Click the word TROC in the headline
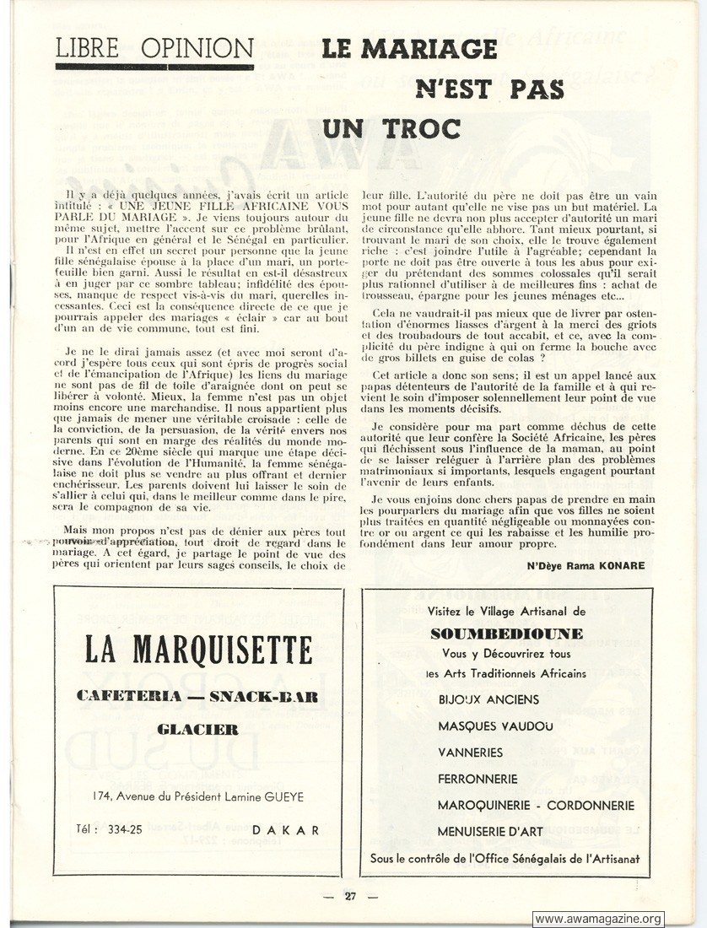[x=420, y=128]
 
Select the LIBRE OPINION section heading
[x=154, y=47]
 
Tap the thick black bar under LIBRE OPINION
[x=154, y=67]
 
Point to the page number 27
[x=350, y=896]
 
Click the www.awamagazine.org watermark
[x=598, y=919]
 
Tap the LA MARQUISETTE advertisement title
[x=198, y=650]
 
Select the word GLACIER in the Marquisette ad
[x=197, y=729]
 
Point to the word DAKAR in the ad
[x=286, y=829]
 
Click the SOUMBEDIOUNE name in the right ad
[x=506, y=633]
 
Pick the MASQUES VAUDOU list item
[x=496, y=726]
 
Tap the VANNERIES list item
[x=470, y=752]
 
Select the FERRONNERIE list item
[x=478, y=779]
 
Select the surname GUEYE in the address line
[x=283, y=796]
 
